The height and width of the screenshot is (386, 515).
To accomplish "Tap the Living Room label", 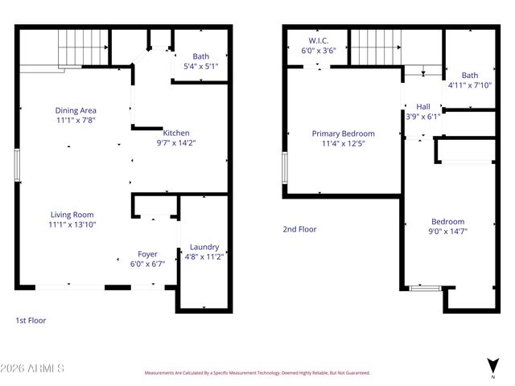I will point(72,215).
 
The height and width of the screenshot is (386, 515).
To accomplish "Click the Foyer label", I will point(147,253).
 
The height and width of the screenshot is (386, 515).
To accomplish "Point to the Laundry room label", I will point(204,247).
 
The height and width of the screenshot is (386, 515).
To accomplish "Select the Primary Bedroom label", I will point(343,133).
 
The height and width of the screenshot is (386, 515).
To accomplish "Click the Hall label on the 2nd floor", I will point(422,106).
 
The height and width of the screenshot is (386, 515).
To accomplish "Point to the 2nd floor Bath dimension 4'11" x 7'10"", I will point(469,84).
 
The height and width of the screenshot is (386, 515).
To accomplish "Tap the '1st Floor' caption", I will point(31,320).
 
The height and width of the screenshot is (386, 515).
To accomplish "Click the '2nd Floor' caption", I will point(299,229).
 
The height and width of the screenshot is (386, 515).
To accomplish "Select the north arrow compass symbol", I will point(492,366).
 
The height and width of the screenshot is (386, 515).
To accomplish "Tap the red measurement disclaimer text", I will point(257,373).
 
